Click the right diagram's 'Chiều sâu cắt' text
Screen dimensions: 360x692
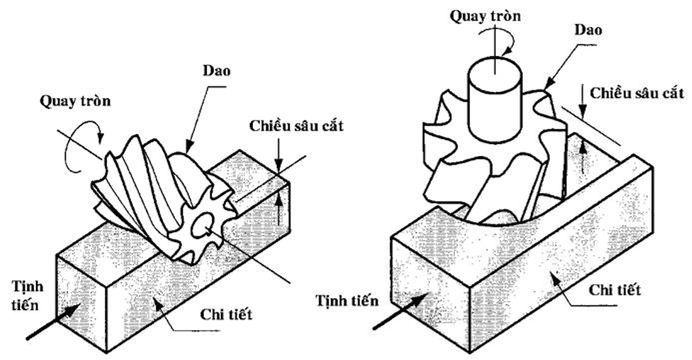637,93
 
